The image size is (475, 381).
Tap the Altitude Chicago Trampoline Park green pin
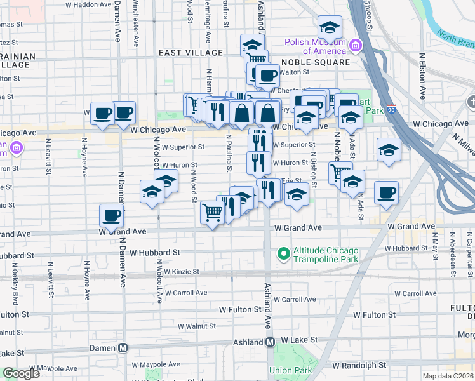click(x=283, y=255)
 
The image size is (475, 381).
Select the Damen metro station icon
click(x=123, y=348)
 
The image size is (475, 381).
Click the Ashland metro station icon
click(x=270, y=342)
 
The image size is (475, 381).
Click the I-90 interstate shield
click(x=391, y=109)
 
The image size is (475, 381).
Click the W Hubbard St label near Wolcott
click(x=154, y=252)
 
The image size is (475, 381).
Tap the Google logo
click(x=21, y=373)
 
